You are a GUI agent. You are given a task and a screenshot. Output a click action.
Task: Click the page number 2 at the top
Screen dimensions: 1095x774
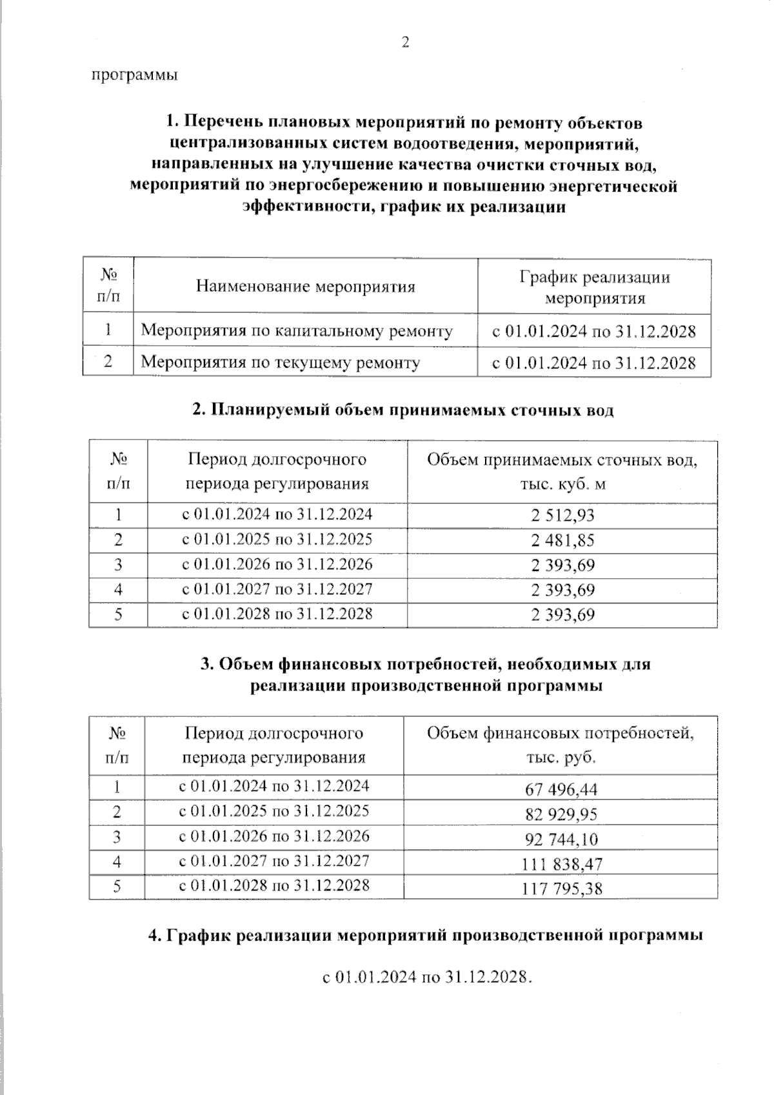pos(405,43)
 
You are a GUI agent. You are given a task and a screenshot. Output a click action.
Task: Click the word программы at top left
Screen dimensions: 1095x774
pos(134,75)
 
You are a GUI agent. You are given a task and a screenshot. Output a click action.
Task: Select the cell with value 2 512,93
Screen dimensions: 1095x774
pos(562,516)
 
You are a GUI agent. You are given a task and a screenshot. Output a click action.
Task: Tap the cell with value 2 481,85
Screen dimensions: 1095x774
pos(562,540)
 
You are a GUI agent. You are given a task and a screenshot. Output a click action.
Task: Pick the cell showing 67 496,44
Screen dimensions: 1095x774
pos(561,789)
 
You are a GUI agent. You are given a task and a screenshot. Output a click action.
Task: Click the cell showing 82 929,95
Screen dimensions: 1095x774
pos(561,814)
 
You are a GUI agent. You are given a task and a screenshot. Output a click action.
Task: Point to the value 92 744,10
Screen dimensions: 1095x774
pos(561,839)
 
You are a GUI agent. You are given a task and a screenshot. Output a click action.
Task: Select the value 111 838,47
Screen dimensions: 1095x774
pos(561,863)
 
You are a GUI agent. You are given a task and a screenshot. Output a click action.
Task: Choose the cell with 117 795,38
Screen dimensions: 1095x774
pos(561,889)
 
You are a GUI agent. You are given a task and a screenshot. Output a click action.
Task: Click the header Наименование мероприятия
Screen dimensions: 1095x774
pos(305,286)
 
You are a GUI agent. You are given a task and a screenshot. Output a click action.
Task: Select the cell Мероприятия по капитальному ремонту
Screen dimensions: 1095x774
pos(297,331)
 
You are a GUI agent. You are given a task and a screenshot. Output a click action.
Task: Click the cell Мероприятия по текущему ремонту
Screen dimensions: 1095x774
pos(280,362)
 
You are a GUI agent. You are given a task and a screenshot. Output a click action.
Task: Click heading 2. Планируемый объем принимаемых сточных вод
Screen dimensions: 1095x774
pos(403,410)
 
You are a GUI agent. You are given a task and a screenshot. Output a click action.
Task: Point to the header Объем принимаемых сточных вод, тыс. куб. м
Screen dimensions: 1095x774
pos(562,472)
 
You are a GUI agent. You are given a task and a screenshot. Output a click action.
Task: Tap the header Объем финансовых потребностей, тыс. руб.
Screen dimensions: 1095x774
pos(560,745)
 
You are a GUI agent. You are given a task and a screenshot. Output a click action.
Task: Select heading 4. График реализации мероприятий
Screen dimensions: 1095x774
pos(425,935)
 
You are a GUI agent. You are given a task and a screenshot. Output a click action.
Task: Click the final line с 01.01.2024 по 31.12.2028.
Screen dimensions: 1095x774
pos(427,977)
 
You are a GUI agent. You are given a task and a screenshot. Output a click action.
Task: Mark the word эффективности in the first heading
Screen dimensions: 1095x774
pos(307,207)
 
